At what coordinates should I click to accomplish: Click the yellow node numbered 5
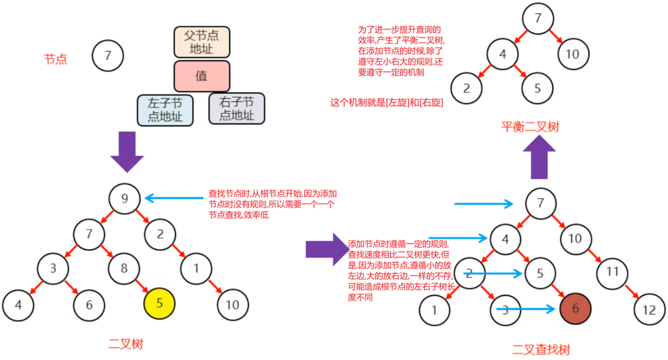[x=159, y=304]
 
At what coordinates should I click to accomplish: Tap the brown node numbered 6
[x=575, y=308]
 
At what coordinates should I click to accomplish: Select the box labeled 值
[x=202, y=76]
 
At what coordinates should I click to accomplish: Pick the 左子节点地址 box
[x=165, y=110]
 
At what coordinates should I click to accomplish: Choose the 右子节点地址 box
[x=237, y=108]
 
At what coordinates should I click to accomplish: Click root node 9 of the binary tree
[x=125, y=198]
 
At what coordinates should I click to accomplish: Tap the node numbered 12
[x=649, y=309]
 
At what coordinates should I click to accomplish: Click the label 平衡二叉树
[x=529, y=127]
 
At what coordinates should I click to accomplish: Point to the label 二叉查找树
[x=541, y=349]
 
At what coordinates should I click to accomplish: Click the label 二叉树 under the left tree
[x=126, y=344]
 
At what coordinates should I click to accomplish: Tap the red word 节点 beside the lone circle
[x=56, y=59]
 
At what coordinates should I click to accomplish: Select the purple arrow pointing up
[x=540, y=157]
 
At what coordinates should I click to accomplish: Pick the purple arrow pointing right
[x=326, y=249]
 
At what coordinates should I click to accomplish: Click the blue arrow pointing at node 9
[x=174, y=198]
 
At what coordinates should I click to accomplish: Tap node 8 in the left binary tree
[x=124, y=268]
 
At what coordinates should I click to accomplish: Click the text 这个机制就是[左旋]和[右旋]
[x=386, y=103]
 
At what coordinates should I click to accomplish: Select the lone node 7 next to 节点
[x=108, y=56]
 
